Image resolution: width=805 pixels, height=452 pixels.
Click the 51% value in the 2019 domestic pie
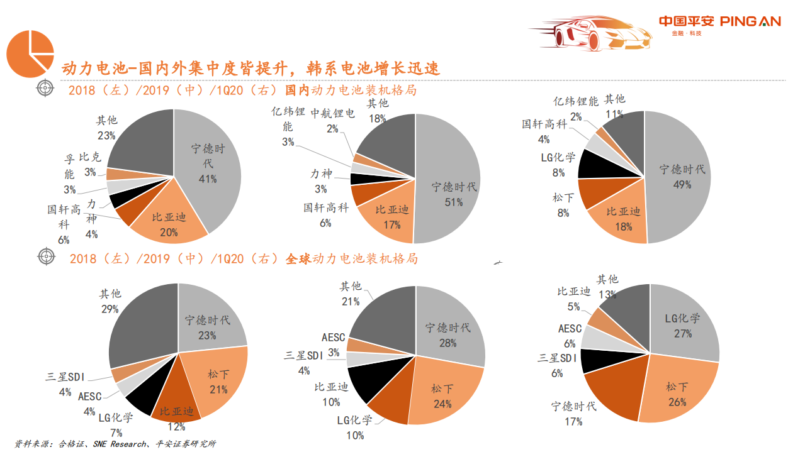coord(453,202)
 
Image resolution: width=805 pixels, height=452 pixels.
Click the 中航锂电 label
coord(332,114)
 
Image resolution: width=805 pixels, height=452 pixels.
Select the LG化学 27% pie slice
coord(683,324)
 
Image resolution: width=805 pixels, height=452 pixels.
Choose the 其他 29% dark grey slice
coord(138,321)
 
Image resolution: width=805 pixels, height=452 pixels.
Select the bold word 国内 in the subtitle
coord(298,91)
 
